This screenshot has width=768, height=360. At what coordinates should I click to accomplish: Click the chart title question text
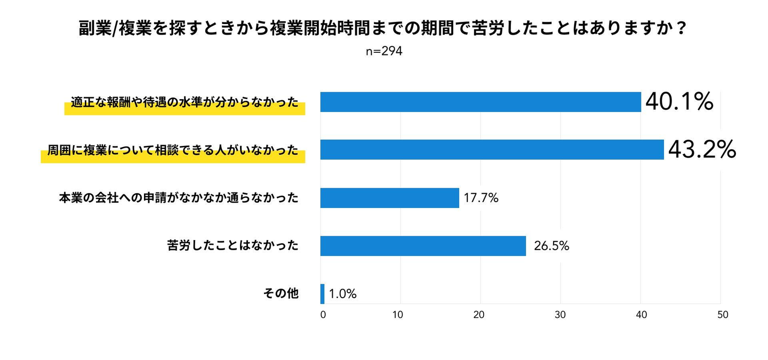(x=383, y=29)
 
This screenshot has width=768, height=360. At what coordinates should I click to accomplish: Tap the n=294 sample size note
(x=384, y=51)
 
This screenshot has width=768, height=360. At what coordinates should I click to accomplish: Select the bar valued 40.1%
(x=480, y=102)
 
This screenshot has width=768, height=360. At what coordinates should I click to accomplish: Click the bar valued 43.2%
(x=492, y=150)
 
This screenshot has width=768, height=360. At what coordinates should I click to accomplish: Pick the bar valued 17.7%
(x=389, y=198)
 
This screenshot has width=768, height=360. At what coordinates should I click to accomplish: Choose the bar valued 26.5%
(x=423, y=246)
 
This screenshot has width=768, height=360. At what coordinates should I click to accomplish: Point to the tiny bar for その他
(x=322, y=294)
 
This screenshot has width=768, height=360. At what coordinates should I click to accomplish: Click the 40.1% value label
(x=679, y=101)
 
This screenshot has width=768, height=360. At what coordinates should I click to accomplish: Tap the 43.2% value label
(x=702, y=150)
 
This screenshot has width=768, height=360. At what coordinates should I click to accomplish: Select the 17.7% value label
(x=481, y=198)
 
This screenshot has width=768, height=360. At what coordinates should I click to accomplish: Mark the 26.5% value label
(x=551, y=246)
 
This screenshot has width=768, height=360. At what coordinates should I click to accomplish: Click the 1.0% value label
(x=342, y=294)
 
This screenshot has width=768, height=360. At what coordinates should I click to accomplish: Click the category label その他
(x=281, y=293)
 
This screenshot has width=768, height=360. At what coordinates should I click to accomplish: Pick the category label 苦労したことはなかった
(x=233, y=246)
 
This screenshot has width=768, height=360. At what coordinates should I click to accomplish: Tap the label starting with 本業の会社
(x=179, y=198)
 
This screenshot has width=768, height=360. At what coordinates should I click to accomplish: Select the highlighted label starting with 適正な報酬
(x=185, y=102)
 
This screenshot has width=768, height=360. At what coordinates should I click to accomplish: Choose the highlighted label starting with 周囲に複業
(x=173, y=150)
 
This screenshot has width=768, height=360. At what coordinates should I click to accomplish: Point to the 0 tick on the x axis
(x=323, y=315)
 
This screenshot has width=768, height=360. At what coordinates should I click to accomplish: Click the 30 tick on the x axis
(x=560, y=315)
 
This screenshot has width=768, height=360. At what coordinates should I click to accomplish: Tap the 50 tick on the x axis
(x=722, y=315)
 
